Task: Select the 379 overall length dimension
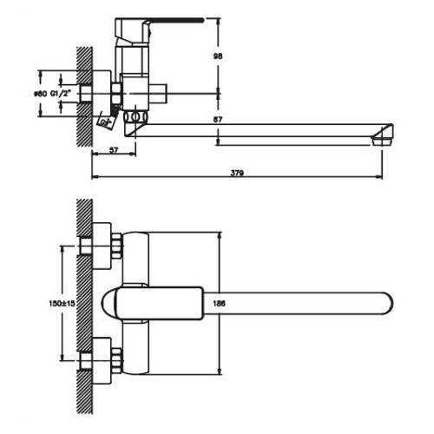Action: coord(236,174)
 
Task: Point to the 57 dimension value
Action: coord(114,150)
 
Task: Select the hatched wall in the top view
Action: coord(84,304)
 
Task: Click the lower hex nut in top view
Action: coord(103,364)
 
